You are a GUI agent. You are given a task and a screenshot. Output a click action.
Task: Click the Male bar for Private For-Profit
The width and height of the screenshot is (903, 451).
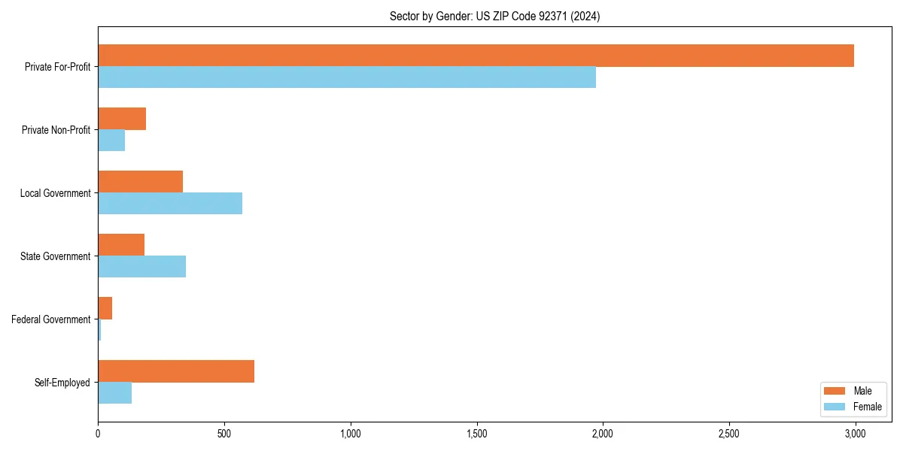tap(476, 56)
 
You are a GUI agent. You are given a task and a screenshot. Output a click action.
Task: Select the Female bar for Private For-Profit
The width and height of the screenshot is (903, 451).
tap(347, 77)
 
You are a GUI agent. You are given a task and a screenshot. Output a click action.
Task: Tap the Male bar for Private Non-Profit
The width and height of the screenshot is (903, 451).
tap(122, 119)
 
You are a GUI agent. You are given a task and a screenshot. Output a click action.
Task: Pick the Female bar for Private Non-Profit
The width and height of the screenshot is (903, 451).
tap(111, 141)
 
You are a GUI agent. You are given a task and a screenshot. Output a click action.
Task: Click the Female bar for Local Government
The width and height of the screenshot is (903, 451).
tap(170, 204)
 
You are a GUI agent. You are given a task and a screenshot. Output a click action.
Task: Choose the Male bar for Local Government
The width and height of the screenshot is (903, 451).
tap(140, 182)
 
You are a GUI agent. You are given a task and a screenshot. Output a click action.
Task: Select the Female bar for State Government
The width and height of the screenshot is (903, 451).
tap(141, 267)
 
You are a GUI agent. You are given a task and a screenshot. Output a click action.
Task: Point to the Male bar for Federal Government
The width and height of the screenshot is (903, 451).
tap(105, 308)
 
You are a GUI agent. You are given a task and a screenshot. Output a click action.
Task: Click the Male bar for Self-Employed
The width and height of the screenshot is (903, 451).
tap(176, 371)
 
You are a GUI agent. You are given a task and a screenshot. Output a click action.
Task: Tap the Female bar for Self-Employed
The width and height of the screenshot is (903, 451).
tap(114, 393)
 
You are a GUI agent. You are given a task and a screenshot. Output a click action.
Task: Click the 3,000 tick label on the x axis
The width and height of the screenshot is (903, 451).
tap(855, 434)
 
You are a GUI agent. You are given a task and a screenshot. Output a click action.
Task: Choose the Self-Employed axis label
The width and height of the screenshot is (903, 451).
tap(62, 383)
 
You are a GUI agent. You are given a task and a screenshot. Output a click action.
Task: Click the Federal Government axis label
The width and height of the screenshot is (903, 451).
tap(50, 319)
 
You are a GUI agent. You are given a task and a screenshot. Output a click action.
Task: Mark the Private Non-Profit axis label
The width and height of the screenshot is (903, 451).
tap(56, 130)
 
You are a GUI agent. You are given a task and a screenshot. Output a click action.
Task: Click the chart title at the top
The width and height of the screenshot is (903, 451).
tap(494, 16)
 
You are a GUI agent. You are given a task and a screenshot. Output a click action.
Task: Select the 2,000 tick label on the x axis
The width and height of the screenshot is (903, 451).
tap(603, 434)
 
